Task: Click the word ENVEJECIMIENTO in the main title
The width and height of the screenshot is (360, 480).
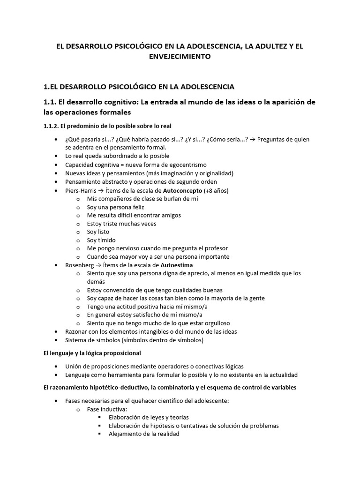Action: click(180, 57)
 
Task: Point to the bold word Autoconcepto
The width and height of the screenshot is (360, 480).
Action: click(183, 190)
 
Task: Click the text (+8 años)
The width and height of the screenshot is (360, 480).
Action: click(217, 190)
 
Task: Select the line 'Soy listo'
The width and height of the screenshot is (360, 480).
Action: click(98, 232)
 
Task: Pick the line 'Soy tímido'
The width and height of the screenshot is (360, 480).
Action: click(101, 240)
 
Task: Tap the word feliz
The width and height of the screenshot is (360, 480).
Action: click(136, 207)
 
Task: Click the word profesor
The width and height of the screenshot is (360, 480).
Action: click(216, 248)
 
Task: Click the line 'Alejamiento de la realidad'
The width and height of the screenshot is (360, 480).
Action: click(143, 434)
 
